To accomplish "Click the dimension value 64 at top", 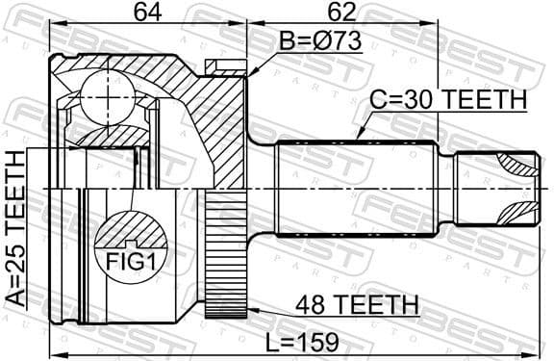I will pyautogui.click(x=145, y=14).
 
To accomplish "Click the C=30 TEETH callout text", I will pyautogui.click(x=448, y=101).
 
